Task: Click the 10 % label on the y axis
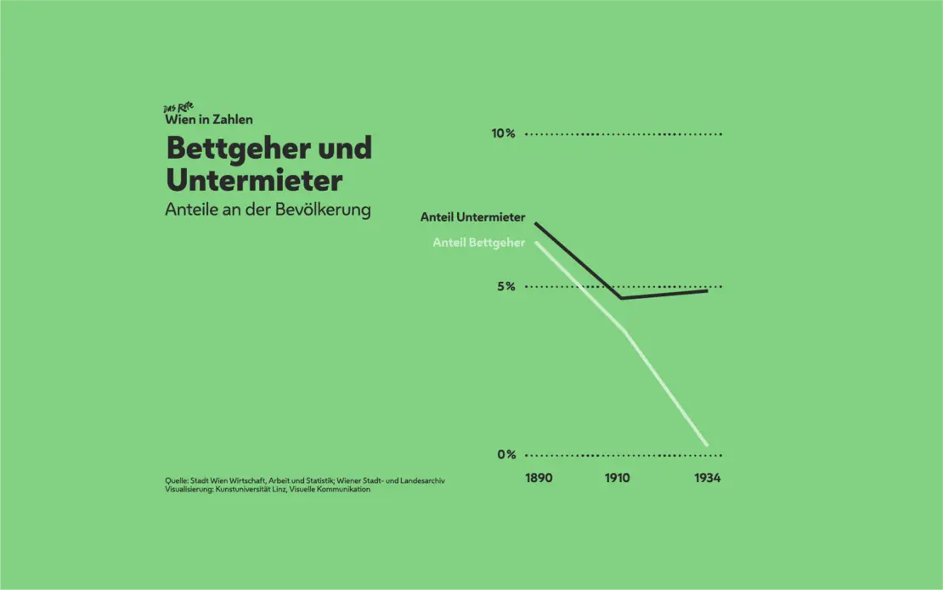click(503, 133)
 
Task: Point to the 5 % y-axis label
click(506, 286)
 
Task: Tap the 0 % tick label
click(506, 454)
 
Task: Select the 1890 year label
click(539, 478)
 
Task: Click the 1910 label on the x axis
click(618, 478)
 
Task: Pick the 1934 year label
click(707, 478)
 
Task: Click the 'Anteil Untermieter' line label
click(472, 217)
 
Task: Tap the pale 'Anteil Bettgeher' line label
click(478, 242)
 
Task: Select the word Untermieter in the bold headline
click(254, 180)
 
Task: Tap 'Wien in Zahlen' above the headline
click(209, 120)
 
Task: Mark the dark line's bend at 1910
click(622, 298)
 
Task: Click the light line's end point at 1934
click(707, 444)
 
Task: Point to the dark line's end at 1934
click(707, 290)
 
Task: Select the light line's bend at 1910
click(626, 329)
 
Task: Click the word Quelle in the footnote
click(177, 480)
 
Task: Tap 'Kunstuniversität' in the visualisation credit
click(243, 489)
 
